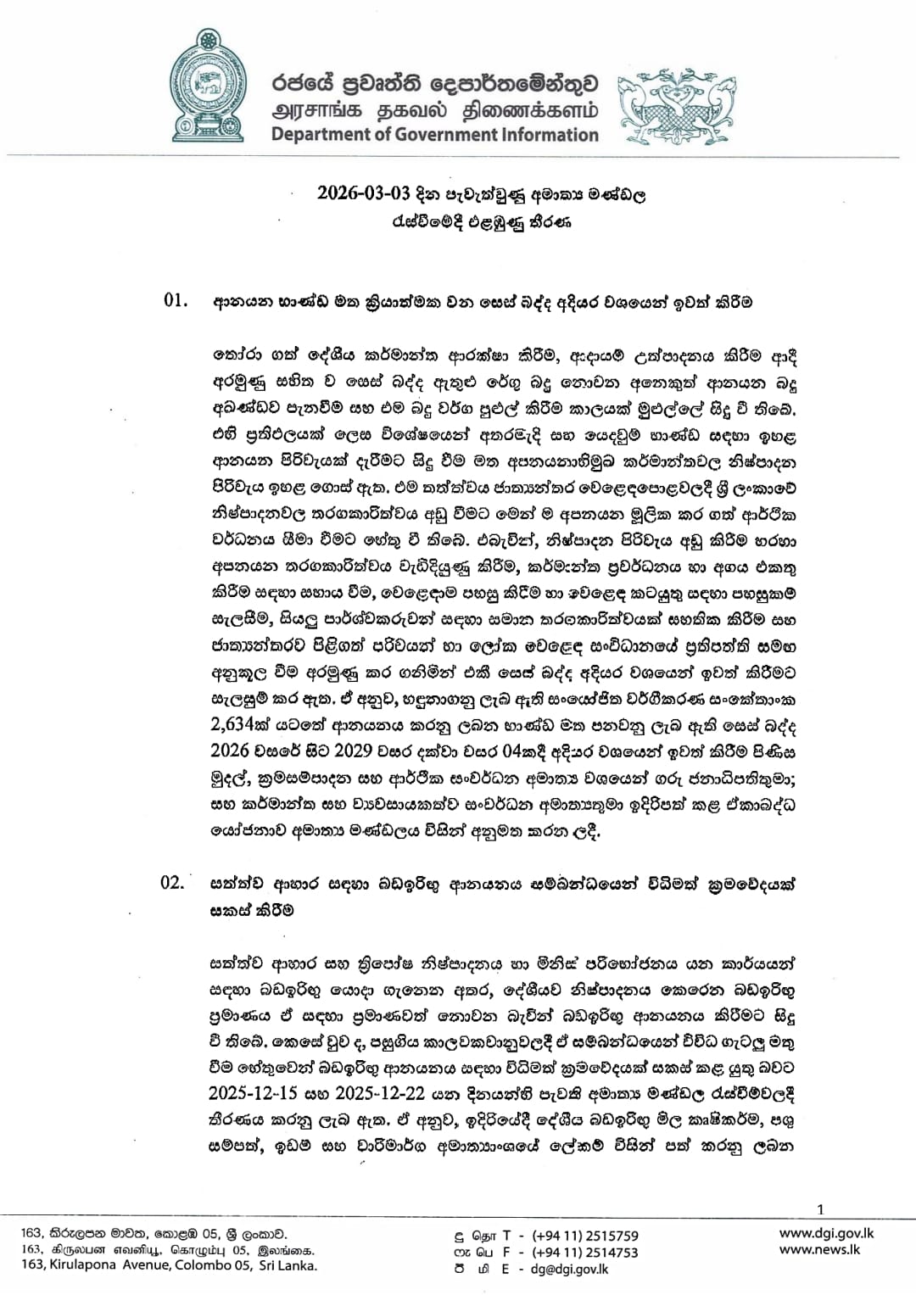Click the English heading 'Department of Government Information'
(x=435, y=135)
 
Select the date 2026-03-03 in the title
(x=364, y=193)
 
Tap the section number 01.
(x=175, y=302)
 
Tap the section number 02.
(x=172, y=883)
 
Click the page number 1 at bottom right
(x=819, y=1210)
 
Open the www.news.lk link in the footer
(x=819, y=1249)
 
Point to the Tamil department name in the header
(x=435, y=111)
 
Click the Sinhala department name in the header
(x=435, y=84)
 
